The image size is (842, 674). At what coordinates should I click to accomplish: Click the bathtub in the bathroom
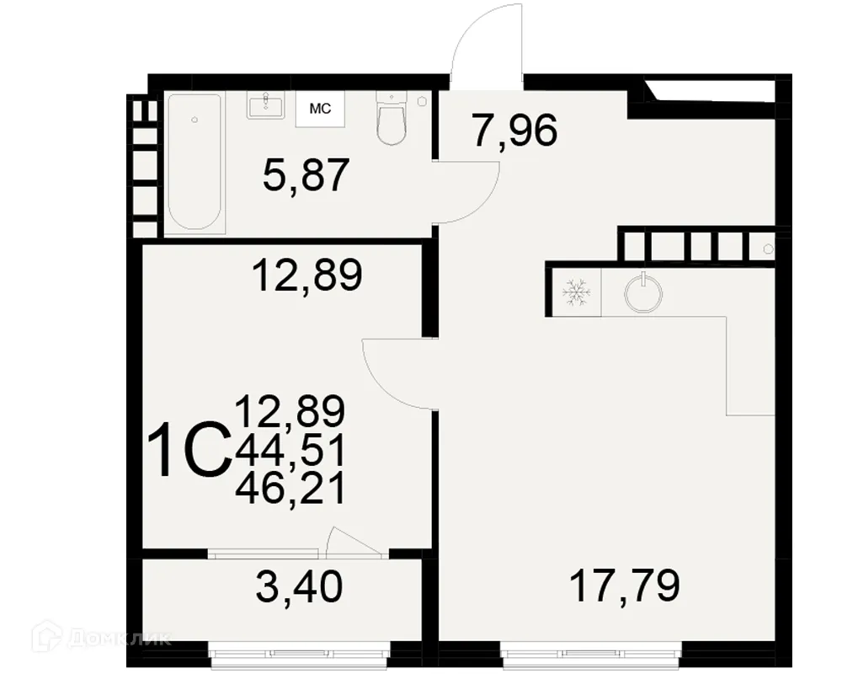click(195, 162)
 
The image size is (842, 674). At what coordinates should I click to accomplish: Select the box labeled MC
click(320, 109)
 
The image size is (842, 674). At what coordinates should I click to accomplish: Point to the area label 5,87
click(306, 176)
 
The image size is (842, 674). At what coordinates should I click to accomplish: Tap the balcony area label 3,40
click(299, 586)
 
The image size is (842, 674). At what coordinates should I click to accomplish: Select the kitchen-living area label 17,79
click(624, 586)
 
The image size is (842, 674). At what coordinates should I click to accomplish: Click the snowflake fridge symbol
click(576, 293)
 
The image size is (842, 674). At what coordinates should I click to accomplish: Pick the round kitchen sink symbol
click(643, 292)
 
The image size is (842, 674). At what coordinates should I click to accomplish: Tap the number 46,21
click(290, 489)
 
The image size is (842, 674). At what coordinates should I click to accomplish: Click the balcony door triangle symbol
click(352, 542)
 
